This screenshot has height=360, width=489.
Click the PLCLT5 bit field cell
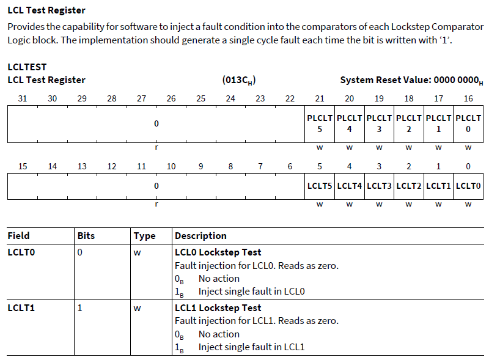click(x=320, y=123)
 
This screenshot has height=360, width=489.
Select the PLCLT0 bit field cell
click(x=468, y=123)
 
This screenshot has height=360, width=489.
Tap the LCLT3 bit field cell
click(x=379, y=186)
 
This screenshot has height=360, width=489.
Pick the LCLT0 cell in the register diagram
click(x=468, y=186)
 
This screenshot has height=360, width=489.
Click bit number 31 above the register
click(x=23, y=98)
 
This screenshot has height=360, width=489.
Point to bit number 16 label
click(x=468, y=98)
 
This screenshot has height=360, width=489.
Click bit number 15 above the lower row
click(x=23, y=166)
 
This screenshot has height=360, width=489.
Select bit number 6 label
click(x=290, y=166)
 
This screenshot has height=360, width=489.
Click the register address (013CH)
click(x=239, y=80)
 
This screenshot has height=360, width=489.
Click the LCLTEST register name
click(x=27, y=67)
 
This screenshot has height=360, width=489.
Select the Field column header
click(x=18, y=235)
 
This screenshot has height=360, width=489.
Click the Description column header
click(x=200, y=235)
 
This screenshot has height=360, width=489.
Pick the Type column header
click(x=144, y=235)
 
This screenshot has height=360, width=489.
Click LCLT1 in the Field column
click(x=21, y=307)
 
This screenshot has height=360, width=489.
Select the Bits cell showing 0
click(x=80, y=252)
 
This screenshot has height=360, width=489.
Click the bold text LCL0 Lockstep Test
click(x=218, y=252)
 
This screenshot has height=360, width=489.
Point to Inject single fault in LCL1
click(x=251, y=347)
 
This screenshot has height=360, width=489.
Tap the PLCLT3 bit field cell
click(x=379, y=123)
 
